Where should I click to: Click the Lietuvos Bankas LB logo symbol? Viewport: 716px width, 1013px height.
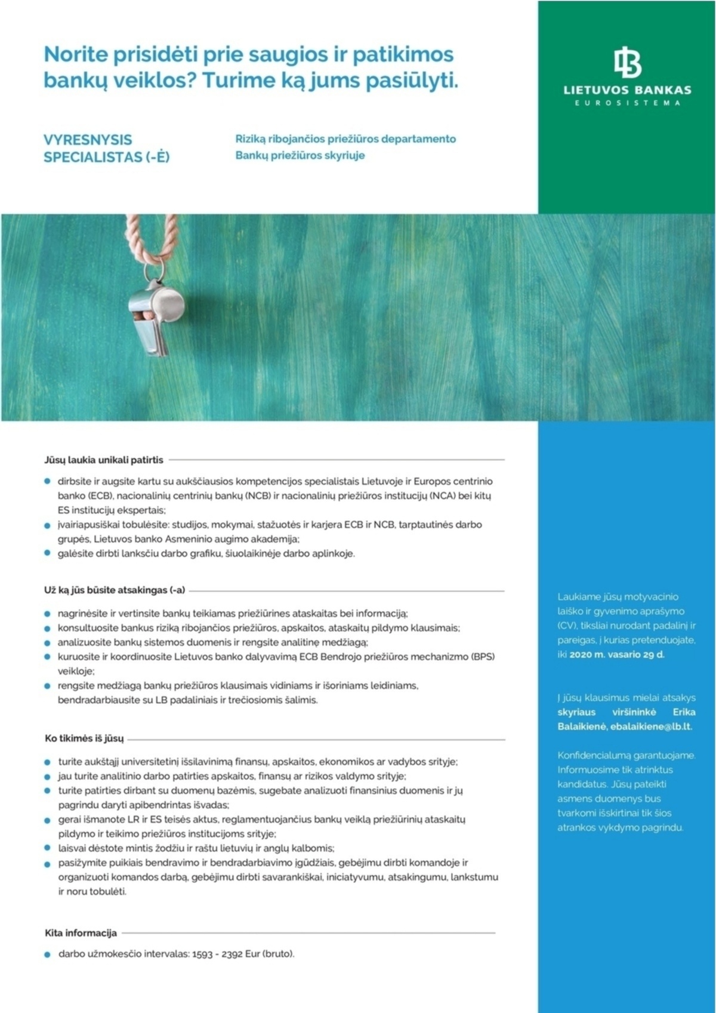[x=628, y=63]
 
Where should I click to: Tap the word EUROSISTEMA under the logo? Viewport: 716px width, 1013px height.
[x=627, y=103]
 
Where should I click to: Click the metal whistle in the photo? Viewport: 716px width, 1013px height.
[x=156, y=319]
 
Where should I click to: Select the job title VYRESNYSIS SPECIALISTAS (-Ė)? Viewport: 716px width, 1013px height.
[x=106, y=148]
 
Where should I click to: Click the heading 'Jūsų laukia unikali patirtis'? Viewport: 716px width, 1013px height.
[x=103, y=460]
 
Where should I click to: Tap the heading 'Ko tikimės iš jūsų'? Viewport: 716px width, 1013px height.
[x=84, y=738]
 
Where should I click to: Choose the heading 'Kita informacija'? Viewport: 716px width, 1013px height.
[x=81, y=932]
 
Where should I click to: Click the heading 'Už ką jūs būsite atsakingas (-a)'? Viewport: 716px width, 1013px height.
[x=115, y=590]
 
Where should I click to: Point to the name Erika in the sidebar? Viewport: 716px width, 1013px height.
[x=684, y=712]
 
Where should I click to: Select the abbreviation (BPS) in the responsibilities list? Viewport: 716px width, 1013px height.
[x=483, y=657]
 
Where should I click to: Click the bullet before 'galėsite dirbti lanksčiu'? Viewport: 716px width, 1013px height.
[x=48, y=553]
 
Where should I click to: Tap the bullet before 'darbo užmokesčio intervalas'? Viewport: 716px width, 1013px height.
[x=48, y=954]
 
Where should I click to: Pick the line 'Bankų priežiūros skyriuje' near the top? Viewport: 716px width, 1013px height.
[x=300, y=156]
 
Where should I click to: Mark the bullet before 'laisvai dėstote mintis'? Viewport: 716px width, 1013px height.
[x=48, y=848]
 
